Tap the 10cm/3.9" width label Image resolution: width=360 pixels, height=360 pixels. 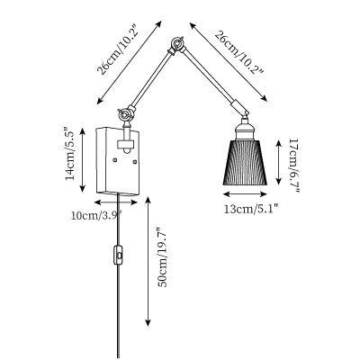click(x=96, y=215)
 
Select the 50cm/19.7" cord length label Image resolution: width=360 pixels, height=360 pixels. click(x=163, y=256)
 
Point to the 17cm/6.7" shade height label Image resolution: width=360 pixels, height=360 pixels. click(x=293, y=166)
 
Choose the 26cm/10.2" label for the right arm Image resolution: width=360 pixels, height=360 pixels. click(x=239, y=52)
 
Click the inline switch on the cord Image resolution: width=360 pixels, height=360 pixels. click(x=119, y=256)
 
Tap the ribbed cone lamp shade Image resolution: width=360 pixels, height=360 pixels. click(x=245, y=162)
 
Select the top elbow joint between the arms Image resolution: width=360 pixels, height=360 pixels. click(x=176, y=45)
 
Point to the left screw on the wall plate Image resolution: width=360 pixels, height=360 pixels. click(x=114, y=160)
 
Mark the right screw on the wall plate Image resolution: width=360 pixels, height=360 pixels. click(x=135, y=163)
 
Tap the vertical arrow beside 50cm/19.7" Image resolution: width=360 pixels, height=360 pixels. click(x=148, y=261)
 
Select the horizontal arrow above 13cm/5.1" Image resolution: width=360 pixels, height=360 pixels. click(x=245, y=194)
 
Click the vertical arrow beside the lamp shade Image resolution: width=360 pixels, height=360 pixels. click(x=279, y=162)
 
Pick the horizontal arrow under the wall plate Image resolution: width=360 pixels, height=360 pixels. click(x=116, y=202)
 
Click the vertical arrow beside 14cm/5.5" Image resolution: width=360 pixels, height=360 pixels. click(x=83, y=159)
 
